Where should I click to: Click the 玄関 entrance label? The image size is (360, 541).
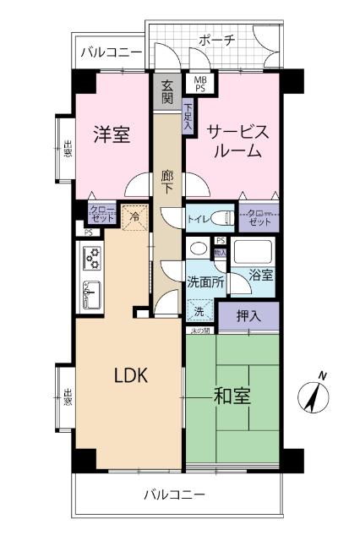pyautogui.click(x=166, y=91)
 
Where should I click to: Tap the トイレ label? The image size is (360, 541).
pyautogui.click(x=198, y=220)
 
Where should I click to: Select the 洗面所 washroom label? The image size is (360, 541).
pyautogui.click(x=205, y=284)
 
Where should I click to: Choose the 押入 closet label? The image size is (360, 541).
pyautogui.click(x=248, y=316)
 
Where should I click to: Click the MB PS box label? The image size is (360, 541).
pyautogui.click(x=200, y=83)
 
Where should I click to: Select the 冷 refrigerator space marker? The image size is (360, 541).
pyautogui.click(x=134, y=216)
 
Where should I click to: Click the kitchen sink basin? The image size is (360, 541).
pyautogui.click(x=91, y=295)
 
